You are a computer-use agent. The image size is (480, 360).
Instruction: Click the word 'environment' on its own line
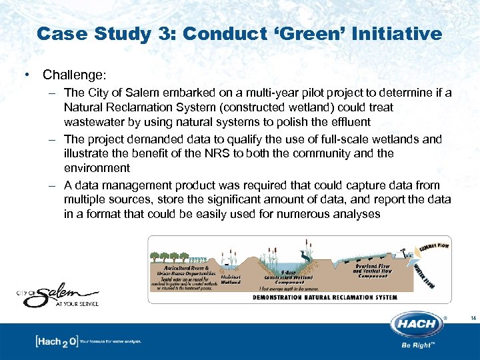click(x=96, y=168)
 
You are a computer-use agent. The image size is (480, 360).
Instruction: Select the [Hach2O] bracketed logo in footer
click(x=56, y=341)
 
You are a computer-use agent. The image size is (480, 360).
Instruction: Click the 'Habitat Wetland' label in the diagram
click(x=231, y=279)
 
